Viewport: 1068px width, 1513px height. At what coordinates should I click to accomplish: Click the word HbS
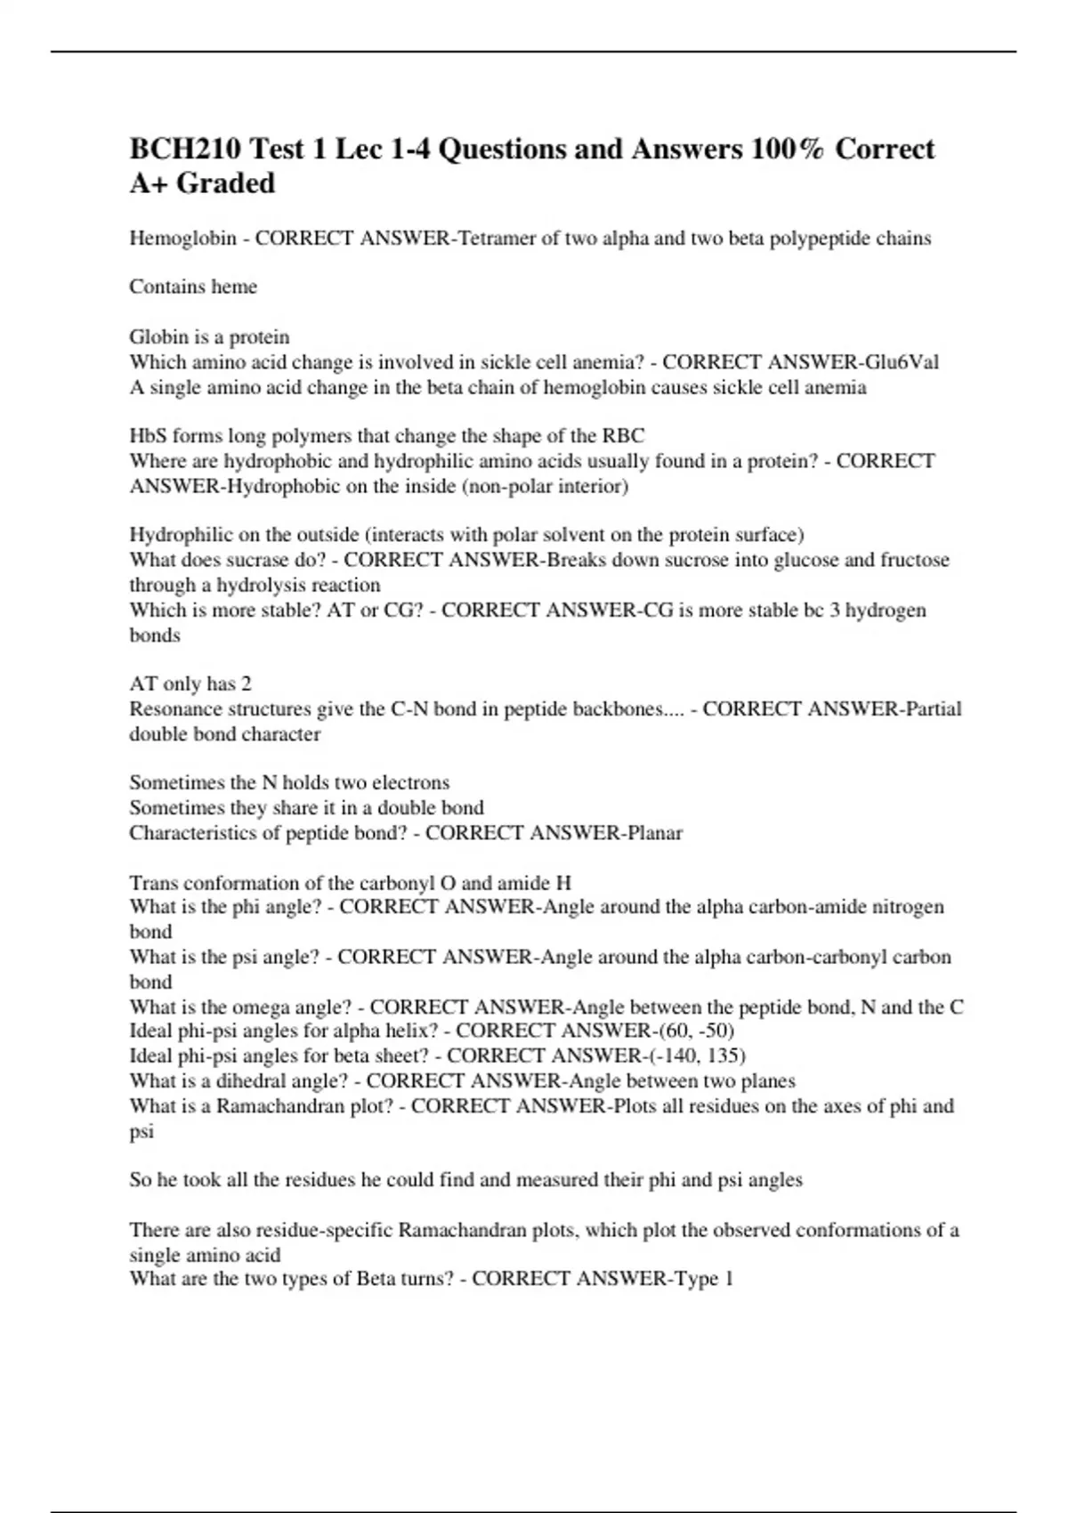coord(148,436)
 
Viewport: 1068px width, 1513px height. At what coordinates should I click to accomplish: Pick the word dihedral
coord(256,1081)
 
